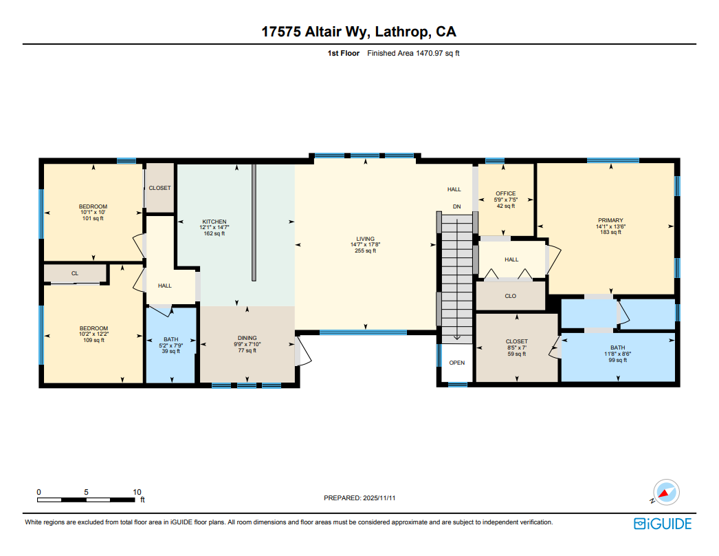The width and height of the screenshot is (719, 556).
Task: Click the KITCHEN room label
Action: coord(214,222)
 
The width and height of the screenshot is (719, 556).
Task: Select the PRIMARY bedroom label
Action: coord(610,220)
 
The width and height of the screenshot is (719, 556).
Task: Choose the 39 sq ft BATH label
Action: coord(170,339)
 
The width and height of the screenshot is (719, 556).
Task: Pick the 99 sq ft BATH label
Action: coord(618,347)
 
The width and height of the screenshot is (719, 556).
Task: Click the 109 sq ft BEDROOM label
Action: coord(93,328)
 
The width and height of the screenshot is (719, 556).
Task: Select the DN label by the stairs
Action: coord(456,206)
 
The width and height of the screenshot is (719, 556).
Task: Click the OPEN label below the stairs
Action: coord(456,363)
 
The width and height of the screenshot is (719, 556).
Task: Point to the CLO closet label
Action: coord(510,296)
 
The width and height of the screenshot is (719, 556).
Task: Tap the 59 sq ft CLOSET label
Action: coord(516,341)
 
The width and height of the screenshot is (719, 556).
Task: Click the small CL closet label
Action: coord(75,273)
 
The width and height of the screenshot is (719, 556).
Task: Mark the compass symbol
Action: coord(666,491)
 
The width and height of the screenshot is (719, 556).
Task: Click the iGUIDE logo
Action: coord(663,524)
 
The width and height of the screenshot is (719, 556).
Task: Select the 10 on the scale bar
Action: coord(137,492)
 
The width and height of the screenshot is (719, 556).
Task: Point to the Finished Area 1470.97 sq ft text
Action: coord(412,53)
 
